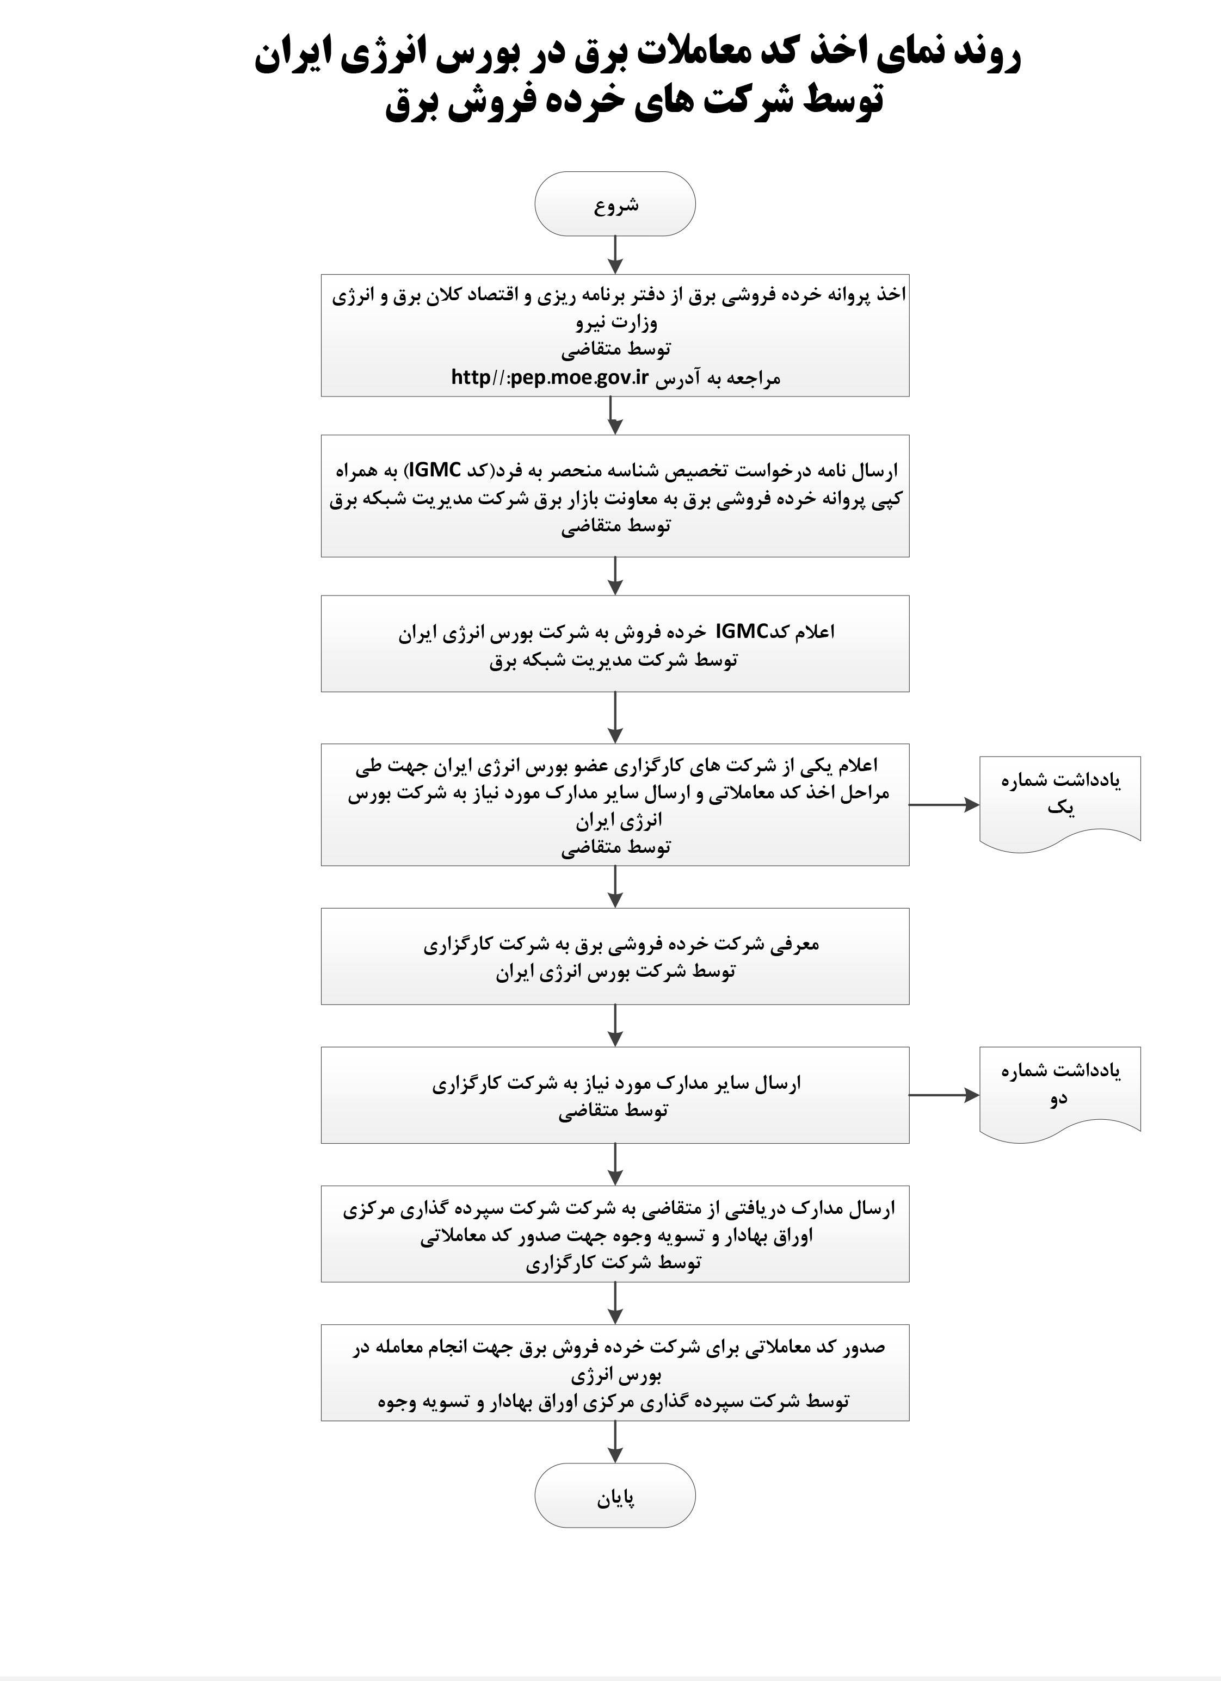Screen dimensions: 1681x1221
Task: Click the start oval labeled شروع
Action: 614,204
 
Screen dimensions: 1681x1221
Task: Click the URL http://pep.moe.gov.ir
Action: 550,378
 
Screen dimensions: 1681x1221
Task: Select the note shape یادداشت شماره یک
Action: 1059,801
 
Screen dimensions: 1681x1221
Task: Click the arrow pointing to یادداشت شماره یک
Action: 943,804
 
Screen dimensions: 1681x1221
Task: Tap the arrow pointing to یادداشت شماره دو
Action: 943,1095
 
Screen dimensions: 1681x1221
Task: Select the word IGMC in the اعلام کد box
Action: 741,631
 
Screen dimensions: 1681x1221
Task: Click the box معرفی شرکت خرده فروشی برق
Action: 614,956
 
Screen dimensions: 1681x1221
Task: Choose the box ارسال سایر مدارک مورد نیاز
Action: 614,1095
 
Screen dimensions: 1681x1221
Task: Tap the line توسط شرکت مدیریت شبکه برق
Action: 613,660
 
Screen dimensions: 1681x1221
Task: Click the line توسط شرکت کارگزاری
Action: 613,1262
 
